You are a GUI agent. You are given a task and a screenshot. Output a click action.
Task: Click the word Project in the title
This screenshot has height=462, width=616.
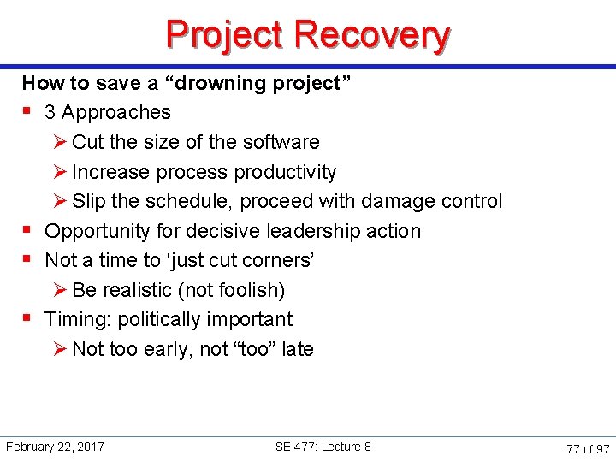(225, 34)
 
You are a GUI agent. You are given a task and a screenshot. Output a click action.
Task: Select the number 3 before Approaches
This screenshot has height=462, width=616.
(50, 112)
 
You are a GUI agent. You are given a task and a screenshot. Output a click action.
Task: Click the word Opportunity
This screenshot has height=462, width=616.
(96, 231)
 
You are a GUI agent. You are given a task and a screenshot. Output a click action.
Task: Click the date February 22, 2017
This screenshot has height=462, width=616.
(55, 447)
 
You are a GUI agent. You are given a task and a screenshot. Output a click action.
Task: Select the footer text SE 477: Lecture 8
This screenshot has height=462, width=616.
(323, 447)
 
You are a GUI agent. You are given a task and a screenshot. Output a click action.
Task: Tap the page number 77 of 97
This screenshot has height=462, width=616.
(588, 448)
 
